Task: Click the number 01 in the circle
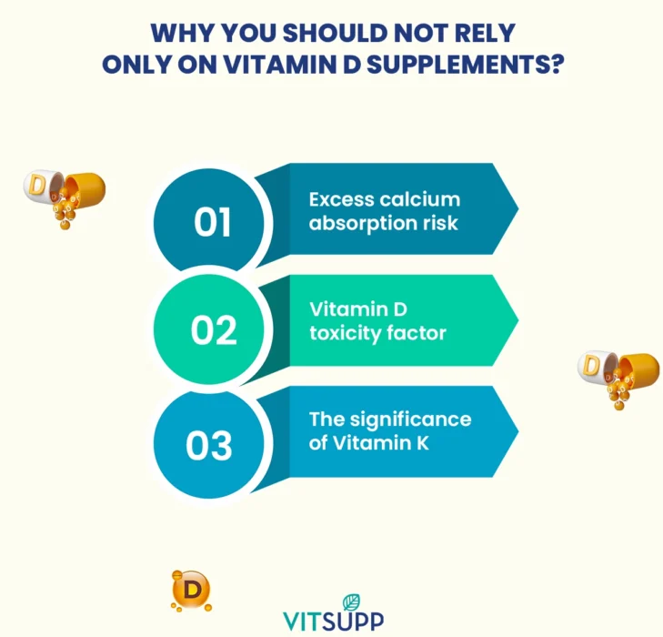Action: (x=213, y=222)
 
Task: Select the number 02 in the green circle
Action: (x=213, y=331)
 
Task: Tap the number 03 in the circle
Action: (x=209, y=445)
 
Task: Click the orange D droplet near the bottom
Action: (x=190, y=590)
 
